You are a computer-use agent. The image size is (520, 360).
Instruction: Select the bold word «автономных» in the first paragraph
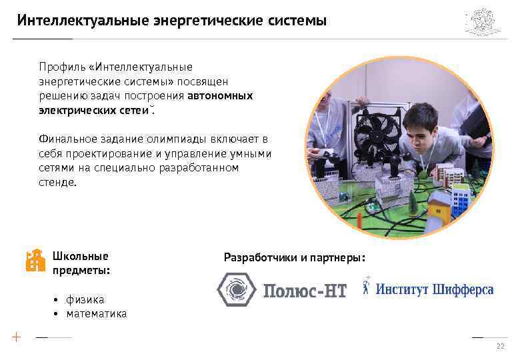(x=221, y=95)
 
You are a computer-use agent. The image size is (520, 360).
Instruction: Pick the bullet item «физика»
(x=85, y=300)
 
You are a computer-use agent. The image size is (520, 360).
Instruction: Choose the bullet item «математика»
(x=96, y=313)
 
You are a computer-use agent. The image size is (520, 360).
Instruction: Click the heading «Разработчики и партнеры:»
(x=295, y=257)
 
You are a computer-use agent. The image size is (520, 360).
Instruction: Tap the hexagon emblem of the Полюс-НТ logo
(x=235, y=290)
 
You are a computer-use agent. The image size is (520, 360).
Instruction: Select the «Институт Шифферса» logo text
(x=434, y=289)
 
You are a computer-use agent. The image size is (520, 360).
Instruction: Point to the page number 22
(x=500, y=347)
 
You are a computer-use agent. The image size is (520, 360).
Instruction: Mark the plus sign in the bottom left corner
(x=16, y=337)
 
